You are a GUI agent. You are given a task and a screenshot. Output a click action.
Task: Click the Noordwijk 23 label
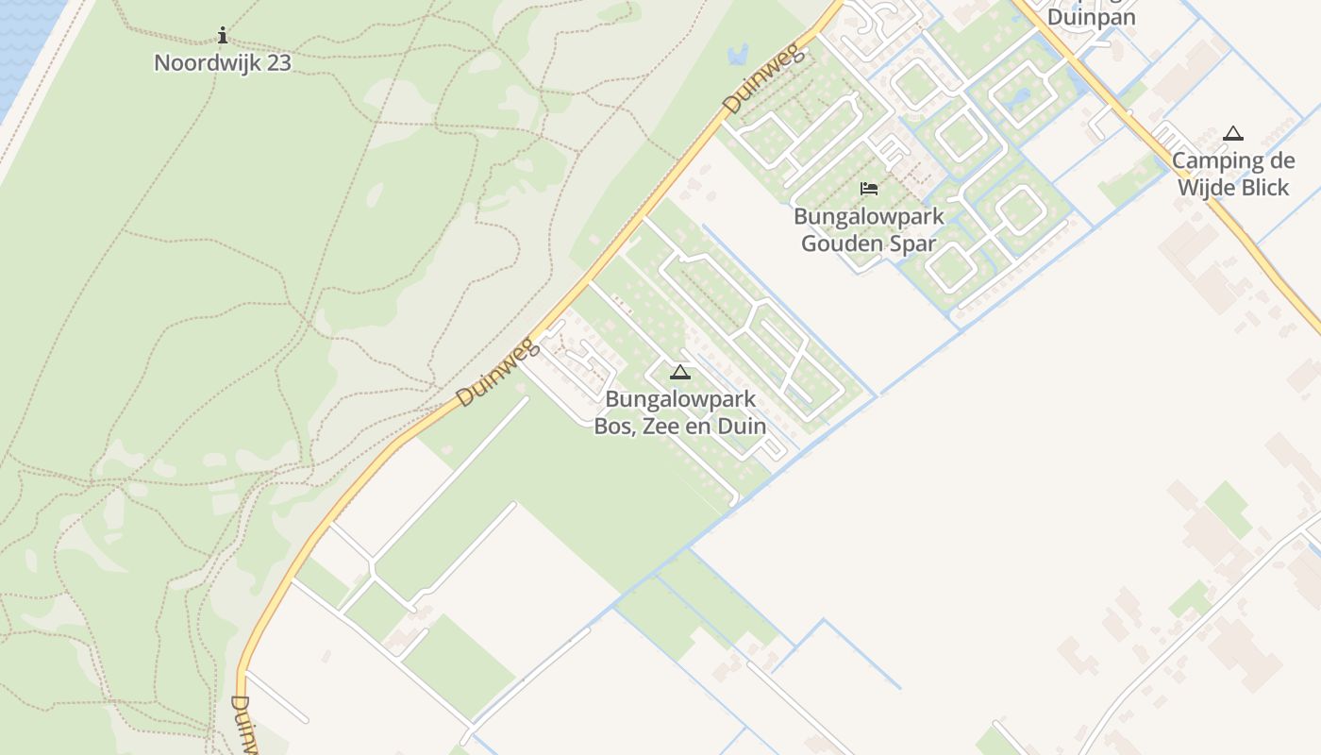coord(223,63)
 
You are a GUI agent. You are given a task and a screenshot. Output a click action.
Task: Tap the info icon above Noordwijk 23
coord(223,37)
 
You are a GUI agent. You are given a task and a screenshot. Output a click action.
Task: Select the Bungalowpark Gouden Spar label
coord(868,229)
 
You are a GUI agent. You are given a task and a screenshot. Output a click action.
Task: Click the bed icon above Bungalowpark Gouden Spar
coord(869,189)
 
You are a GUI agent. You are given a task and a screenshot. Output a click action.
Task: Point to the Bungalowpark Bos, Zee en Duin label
coord(679,412)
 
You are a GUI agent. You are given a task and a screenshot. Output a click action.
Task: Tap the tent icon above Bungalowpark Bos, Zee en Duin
coord(679,372)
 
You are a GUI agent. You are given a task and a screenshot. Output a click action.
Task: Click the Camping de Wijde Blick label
coord(1232,175)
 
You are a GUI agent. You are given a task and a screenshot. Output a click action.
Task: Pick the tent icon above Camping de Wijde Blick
coord(1232,134)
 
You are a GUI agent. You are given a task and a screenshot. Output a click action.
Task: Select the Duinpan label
coord(1092,17)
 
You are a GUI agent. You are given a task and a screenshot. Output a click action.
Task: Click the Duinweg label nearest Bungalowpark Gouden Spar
coord(765,78)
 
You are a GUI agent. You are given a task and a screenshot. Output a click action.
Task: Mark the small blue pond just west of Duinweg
coord(737,53)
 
